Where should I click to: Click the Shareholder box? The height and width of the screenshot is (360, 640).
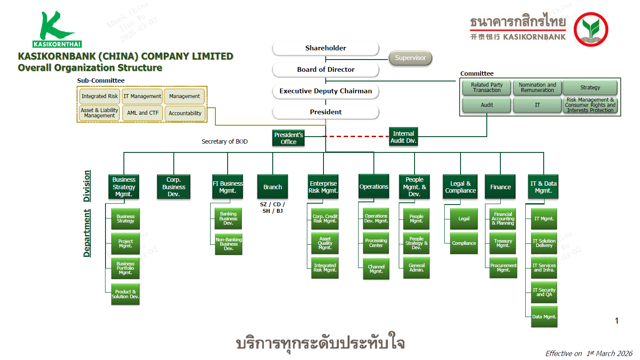[325, 48]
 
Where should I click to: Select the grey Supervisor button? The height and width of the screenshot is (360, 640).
[410, 58]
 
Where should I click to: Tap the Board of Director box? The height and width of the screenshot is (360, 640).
[325, 70]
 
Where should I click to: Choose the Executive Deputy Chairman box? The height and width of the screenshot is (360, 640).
[325, 91]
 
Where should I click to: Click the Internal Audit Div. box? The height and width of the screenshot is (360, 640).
[403, 137]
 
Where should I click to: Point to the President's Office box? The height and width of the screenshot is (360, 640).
[288, 138]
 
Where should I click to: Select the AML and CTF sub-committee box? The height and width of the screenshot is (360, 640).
[143, 113]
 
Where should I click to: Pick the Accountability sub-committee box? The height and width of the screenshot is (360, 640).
[185, 113]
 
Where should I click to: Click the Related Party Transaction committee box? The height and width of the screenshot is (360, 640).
[486, 88]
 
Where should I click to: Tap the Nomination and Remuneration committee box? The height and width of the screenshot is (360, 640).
[537, 88]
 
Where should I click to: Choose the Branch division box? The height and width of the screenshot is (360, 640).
[272, 187]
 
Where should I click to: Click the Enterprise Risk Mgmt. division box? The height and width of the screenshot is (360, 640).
[323, 187]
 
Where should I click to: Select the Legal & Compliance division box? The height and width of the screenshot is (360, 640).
[460, 187]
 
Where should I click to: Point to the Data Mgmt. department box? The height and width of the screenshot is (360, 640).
[544, 317]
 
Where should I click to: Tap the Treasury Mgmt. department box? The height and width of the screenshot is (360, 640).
[503, 244]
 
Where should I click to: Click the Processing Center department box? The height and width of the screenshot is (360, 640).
[376, 243]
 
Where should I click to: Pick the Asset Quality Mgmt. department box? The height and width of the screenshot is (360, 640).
[325, 244]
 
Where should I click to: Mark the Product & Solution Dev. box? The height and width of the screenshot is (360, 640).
[125, 294]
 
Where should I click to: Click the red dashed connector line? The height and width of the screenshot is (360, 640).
[357, 137]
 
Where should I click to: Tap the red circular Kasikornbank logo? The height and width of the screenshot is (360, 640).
[591, 29]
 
